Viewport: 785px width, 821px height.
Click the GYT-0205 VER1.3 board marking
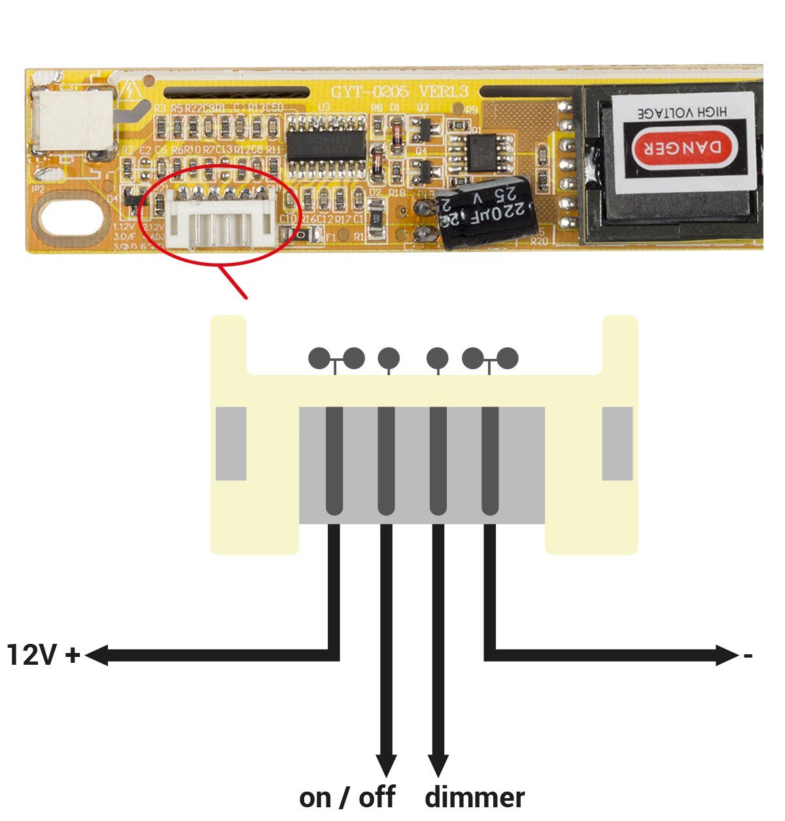click(x=399, y=92)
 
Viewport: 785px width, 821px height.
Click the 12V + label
click(x=43, y=655)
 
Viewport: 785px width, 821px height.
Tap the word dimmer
click(x=474, y=797)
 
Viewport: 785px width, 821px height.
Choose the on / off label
click(x=347, y=797)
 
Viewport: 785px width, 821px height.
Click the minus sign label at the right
click(x=748, y=655)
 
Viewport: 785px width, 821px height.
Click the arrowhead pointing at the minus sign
click(x=727, y=655)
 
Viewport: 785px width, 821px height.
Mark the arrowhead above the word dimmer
click(x=438, y=765)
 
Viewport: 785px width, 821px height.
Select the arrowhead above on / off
click(x=386, y=765)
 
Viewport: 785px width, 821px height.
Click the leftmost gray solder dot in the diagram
click(x=319, y=358)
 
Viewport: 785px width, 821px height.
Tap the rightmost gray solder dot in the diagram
click(x=508, y=358)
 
